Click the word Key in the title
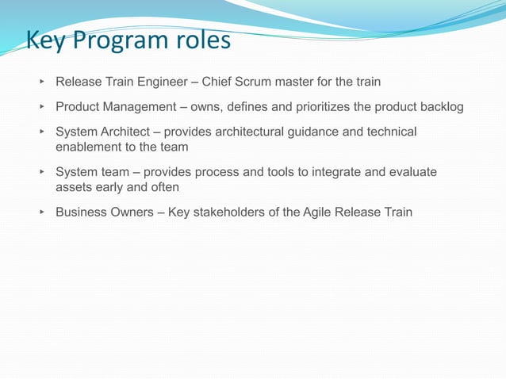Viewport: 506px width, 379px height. coord(48,40)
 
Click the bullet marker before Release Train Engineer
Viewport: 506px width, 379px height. coord(40,82)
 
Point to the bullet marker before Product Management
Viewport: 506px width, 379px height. coord(40,107)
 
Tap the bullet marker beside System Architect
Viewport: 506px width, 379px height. coord(40,132)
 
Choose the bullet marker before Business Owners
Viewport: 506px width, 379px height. coord(40,212)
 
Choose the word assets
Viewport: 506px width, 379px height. coord(74,188)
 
